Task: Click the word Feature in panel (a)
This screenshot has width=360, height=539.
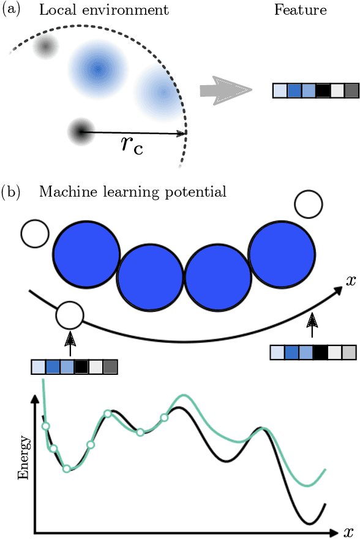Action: pos(301,10)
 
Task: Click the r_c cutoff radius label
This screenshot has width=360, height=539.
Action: pos(132,145)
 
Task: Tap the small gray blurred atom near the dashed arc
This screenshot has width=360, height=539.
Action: pos(45,47)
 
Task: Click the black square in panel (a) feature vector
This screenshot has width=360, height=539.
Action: pos(323,91)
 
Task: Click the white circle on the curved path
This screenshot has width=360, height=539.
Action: pos(69,315)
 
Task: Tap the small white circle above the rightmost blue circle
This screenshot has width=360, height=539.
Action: pos(307,205)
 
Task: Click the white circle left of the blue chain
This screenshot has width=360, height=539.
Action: pos(34,234)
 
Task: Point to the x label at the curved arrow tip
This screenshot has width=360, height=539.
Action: pos(350,281)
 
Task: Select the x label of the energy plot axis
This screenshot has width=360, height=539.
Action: pos(349,530)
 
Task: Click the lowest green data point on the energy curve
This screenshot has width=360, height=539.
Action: pos(67,469)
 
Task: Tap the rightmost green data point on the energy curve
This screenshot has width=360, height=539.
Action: pos(164,418)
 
